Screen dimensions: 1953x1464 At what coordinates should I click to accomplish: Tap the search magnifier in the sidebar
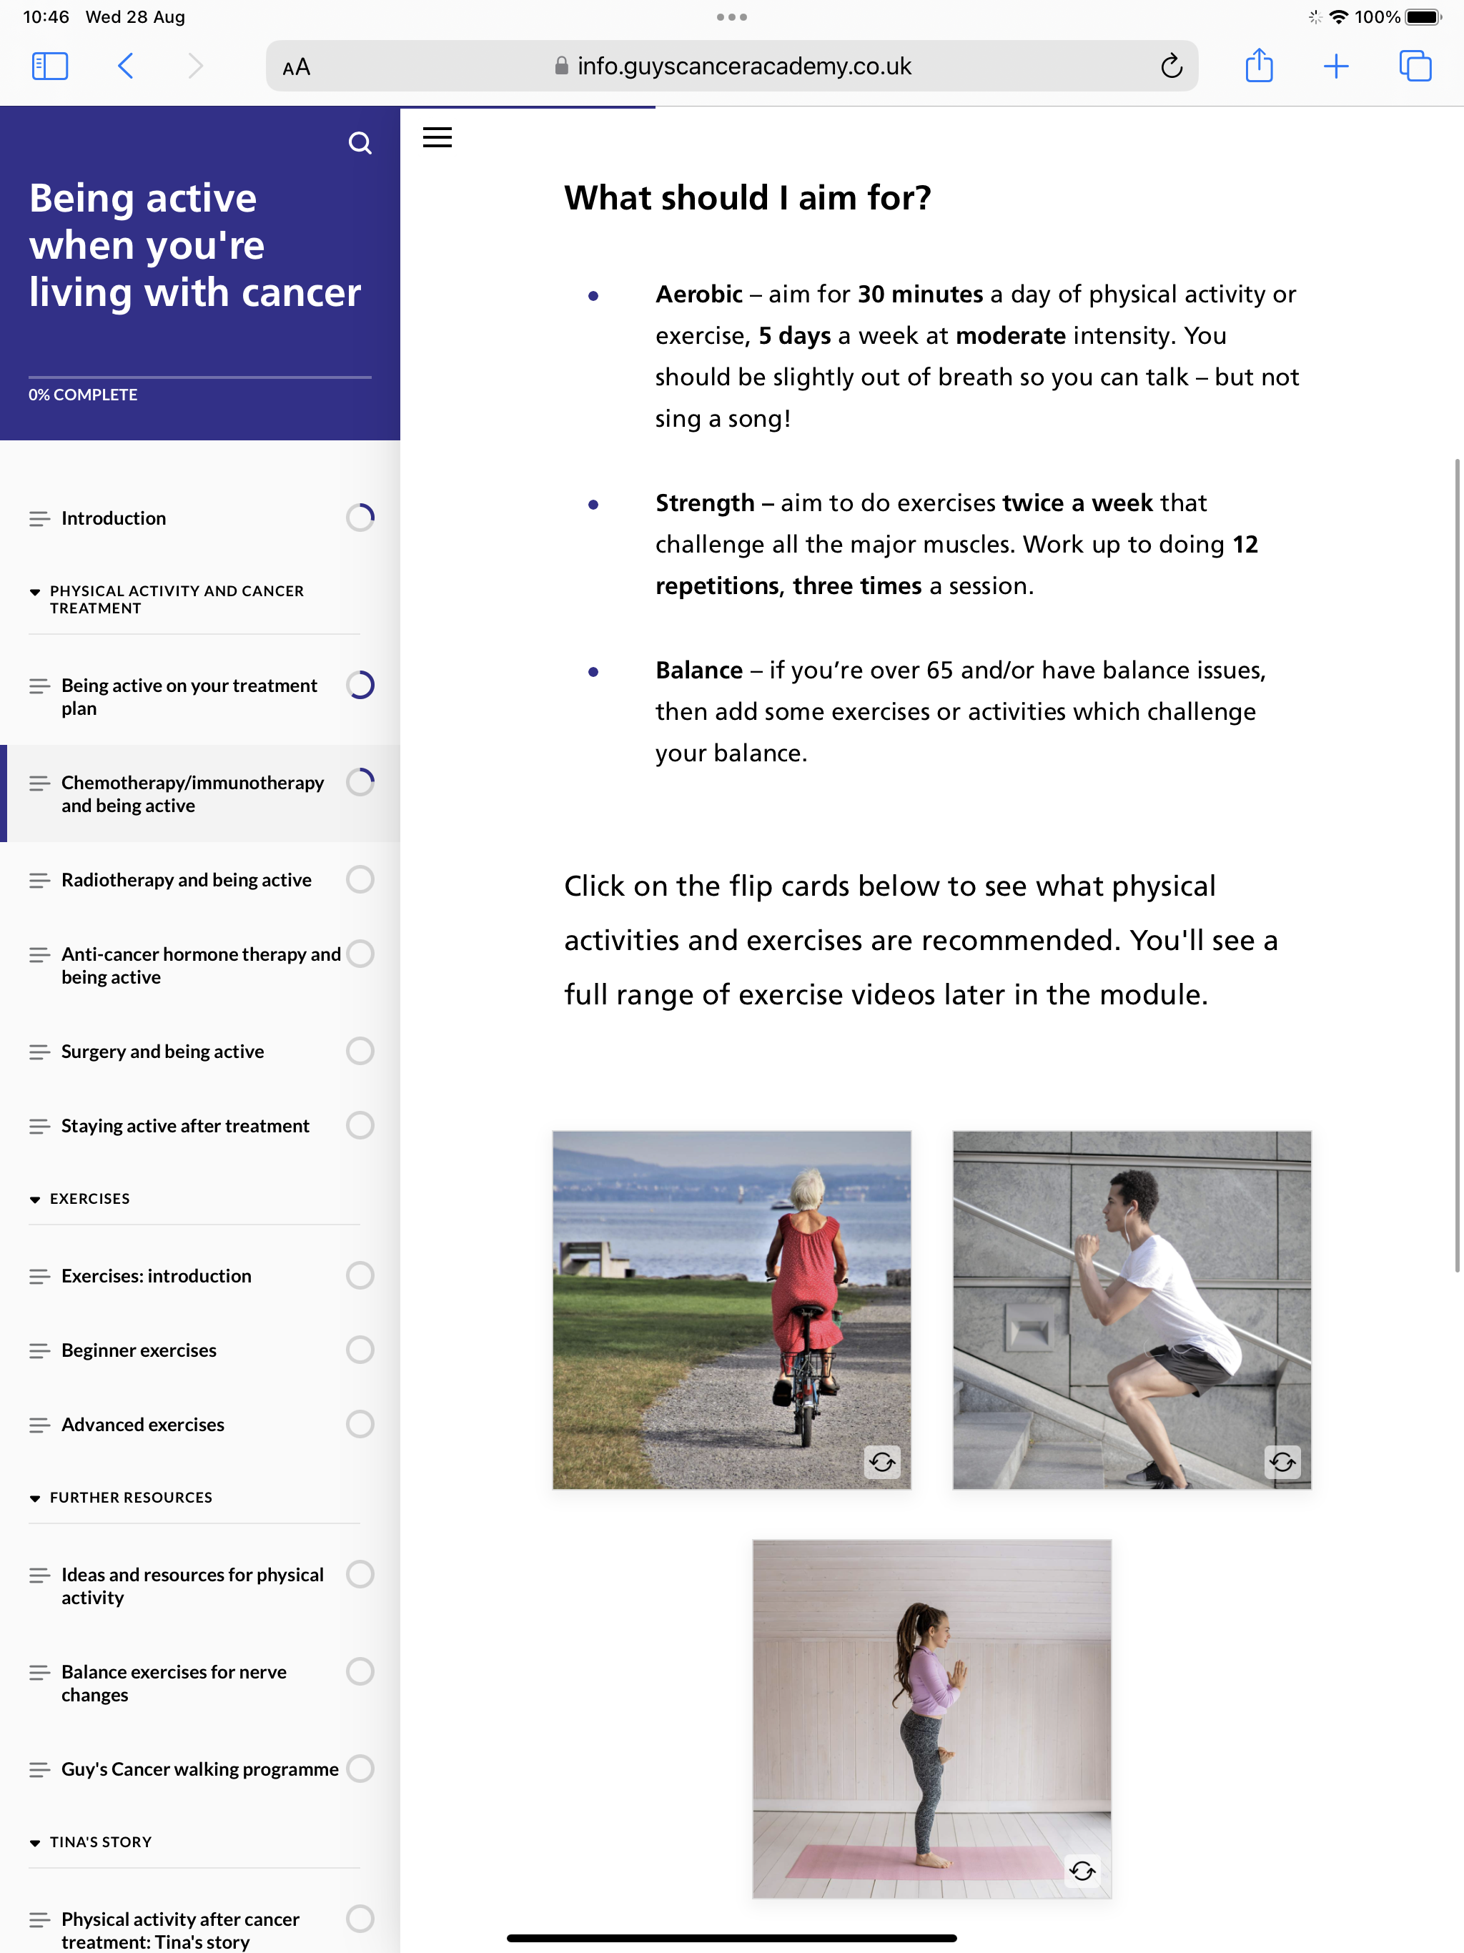tap(360, 143)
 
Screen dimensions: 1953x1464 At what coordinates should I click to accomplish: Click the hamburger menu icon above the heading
tap(437, 138)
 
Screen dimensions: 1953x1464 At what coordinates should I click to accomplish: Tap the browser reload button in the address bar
tap(1171, 66)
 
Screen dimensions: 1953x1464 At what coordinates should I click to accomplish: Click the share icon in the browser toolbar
tap(1258, 66)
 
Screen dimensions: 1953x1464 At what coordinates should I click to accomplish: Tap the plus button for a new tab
tap(1336, 66)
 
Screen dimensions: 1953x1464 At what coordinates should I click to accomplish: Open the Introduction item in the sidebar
tap(114, 518)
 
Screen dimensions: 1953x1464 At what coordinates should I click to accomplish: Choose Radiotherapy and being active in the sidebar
tap(187, 880)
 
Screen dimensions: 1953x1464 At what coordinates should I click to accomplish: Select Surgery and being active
tap(162, 1052)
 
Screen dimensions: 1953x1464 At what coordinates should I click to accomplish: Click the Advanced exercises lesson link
tap(143, 1425)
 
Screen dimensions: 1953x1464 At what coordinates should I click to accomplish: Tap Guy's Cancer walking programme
tap(199, 1769)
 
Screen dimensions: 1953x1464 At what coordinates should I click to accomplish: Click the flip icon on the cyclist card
tap(882, 1462)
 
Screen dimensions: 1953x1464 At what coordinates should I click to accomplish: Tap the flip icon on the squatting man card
tap(1282, 1462)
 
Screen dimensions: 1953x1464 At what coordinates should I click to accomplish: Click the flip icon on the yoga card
tap(1082, 1870)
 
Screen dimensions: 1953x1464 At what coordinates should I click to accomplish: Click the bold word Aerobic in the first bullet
tap(698, 294)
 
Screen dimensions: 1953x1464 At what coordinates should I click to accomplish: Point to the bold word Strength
tap(705, 503)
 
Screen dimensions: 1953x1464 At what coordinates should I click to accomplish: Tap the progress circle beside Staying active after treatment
tap(360, 1126)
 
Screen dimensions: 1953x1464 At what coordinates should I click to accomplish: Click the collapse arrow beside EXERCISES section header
tap(35, 1200)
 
